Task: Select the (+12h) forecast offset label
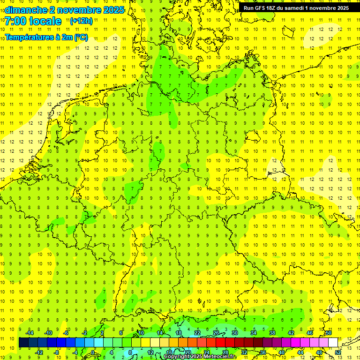pos(81,21)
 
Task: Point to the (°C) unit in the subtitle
pos(80,37)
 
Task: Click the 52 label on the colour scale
pos(338,352)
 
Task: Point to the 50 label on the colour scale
pos(329,333)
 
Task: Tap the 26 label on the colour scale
pos(216,333)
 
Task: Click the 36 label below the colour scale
pos(263,352)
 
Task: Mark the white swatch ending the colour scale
pos(333,343)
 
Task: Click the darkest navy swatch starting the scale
pos(23,343)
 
